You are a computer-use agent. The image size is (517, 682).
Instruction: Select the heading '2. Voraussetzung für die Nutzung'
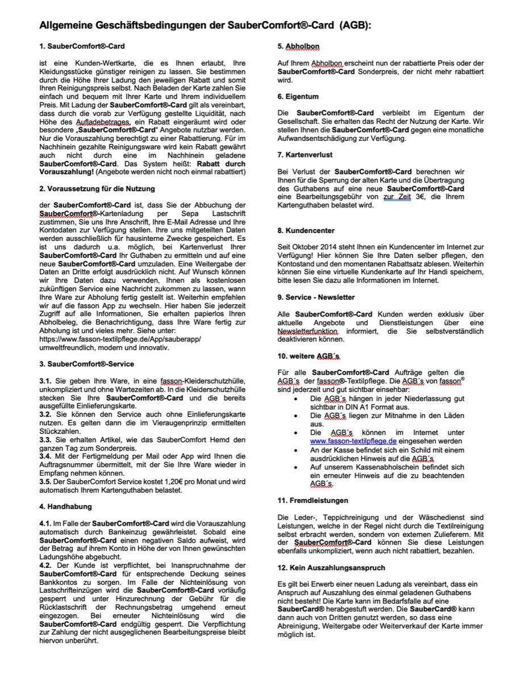tap(97, 188)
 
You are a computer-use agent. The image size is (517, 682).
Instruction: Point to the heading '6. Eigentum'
tap(298, 97)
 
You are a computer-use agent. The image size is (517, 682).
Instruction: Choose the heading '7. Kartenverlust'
tap(305, 155)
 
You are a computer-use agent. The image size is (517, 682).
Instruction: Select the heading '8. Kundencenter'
tap(306, 230)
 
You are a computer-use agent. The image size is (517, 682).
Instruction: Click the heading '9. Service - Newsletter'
tap(316, 297)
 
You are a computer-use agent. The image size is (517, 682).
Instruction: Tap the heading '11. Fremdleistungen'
tap(313, 501)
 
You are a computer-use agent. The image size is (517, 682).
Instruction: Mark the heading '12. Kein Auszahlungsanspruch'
tap(331, 568)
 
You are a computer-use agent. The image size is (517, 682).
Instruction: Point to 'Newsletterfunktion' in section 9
tap(307, 331)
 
